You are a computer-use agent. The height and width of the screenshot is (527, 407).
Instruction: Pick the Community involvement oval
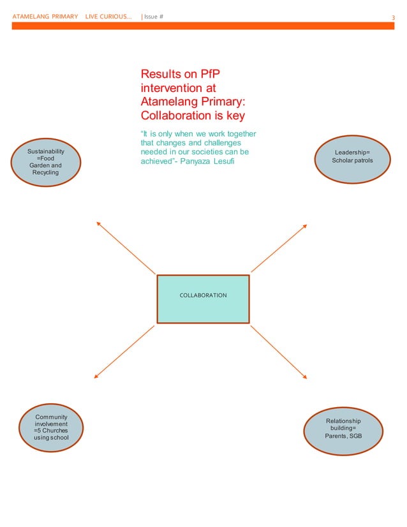click(x=51, y=427)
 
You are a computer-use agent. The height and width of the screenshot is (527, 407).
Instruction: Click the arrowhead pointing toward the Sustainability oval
click(x=98, y=223)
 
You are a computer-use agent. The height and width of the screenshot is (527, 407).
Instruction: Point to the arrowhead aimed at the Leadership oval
click(x=305, y=225)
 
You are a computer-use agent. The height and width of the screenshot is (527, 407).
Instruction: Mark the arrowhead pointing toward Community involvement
click(x=96, y=376)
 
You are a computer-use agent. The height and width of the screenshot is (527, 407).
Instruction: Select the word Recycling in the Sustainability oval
click(x=45, y=173)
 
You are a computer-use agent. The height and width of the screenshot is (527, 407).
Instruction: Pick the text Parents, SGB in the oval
click(x=343, y=436)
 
